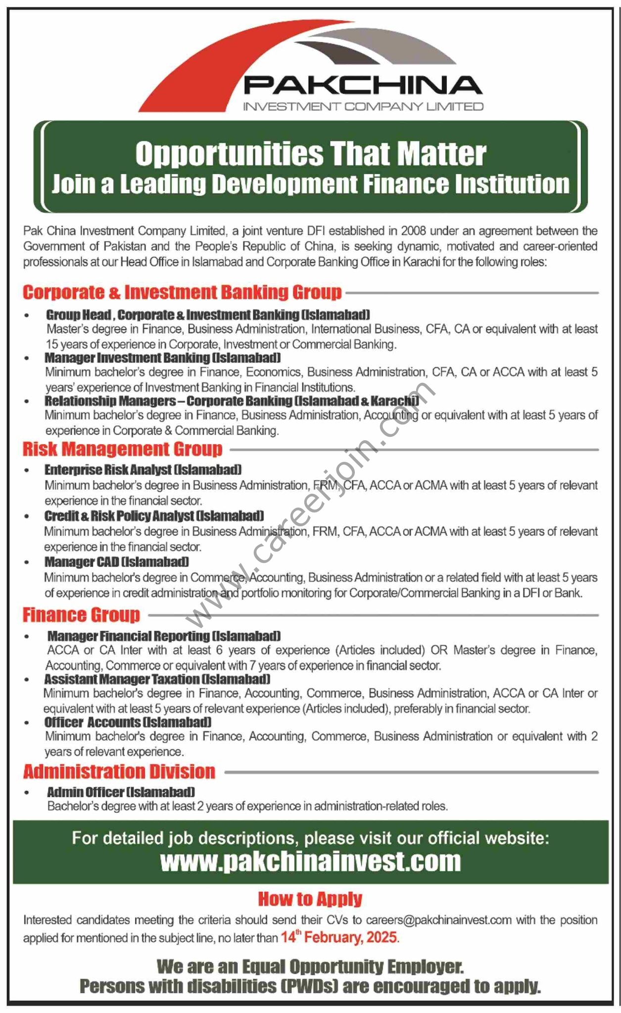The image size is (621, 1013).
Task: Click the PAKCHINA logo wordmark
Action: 363,85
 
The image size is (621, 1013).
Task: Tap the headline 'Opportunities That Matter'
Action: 311,154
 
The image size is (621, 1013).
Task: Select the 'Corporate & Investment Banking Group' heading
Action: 182,292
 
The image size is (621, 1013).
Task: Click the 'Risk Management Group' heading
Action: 123,449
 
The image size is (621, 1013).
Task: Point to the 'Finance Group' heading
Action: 81,615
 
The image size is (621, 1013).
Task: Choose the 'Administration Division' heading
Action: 119,772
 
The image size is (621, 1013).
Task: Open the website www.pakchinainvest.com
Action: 310,862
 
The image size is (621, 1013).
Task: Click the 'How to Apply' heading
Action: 310,899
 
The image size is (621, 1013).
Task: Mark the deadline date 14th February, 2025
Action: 339,937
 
